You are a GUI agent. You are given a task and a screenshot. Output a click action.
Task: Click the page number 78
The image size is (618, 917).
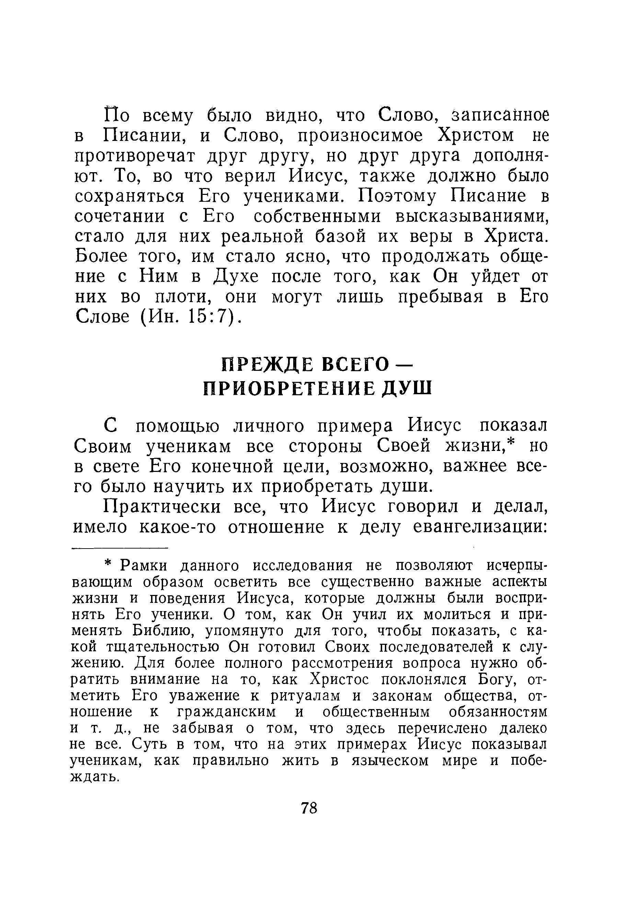pyautogui.click(x=309, y=808)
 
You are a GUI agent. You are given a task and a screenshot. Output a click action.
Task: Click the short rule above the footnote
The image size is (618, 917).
pyautogui.click(x=119, y=548)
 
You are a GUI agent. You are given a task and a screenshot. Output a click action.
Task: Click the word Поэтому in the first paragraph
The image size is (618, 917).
pyautogui.click(x=397, y=196)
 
